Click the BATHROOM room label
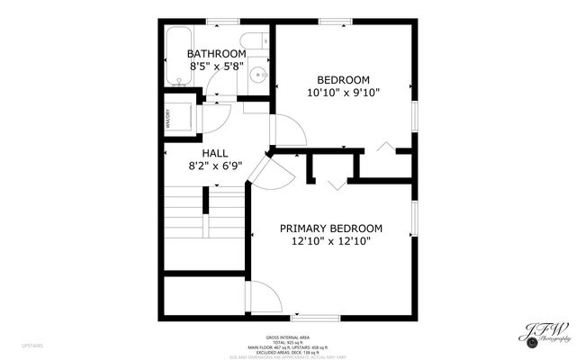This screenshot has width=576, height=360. [217, 53]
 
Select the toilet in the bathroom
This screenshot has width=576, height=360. [257, 40]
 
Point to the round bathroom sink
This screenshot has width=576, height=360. [257, 76]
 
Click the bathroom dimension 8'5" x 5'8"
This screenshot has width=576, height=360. [217, 66]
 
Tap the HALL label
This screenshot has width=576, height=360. [215, 153]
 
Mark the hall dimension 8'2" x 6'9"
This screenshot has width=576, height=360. [215, 166]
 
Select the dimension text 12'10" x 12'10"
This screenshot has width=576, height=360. [330, 240]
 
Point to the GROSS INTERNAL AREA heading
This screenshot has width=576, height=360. [288, 338]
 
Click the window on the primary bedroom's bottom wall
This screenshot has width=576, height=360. [315, 319]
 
